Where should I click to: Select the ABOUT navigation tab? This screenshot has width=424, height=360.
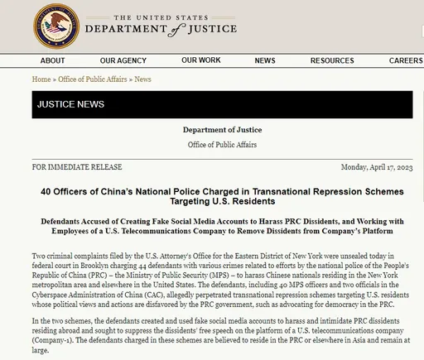pos(52,60)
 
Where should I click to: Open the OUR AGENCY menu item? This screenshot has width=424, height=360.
pos(123,60)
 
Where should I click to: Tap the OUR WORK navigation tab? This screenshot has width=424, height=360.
pos(201,60)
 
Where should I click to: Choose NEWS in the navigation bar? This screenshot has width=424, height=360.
pos(265,60)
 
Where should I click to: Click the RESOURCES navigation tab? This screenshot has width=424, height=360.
pos(332,60)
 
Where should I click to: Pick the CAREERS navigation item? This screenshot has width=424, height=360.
pos(405,60)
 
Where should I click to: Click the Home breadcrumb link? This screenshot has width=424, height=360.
pos(41,79)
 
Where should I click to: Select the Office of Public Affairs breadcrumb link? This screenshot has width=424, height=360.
pos(92,79)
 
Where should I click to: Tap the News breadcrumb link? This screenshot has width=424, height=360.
pos(142,79)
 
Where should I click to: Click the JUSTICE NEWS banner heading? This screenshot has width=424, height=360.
pos(69,105)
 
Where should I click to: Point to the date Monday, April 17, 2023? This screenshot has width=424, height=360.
pos(376,166)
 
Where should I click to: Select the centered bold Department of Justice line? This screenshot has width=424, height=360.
pos(222,130)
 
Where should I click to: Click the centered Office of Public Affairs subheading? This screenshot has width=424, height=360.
pos(222,145)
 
